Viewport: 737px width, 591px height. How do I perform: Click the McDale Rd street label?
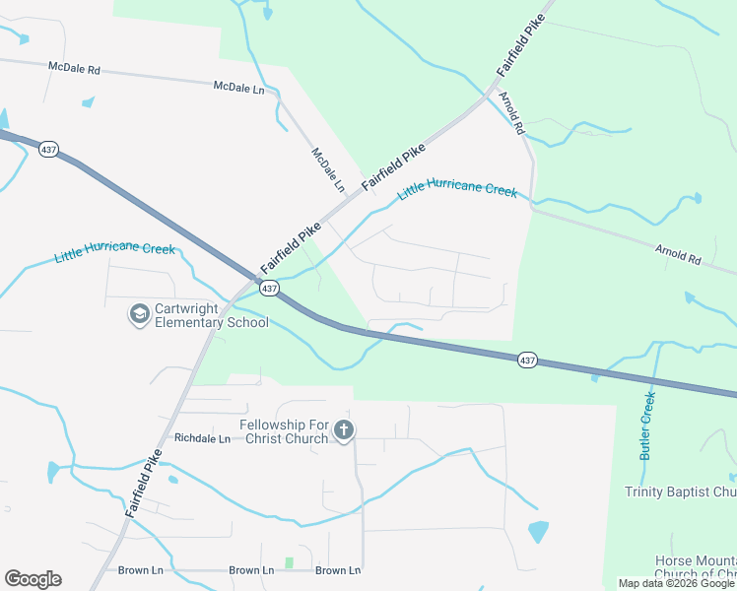(x=74, y=69)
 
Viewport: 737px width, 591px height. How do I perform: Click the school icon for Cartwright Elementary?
(x=139, y=314)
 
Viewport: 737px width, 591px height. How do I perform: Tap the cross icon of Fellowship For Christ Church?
(x=343, y=430)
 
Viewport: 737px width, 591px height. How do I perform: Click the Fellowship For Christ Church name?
(x=283, y=430)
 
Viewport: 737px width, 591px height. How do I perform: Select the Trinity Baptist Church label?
(x=681, y=492)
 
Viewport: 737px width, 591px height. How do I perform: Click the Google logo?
(x=33, y=579)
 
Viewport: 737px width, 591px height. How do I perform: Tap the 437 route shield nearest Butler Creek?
(x=527, y=361)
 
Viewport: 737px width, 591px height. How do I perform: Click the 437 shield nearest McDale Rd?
(x=48, y=149)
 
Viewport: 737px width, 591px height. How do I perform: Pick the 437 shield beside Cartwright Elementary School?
(x=269, y=288)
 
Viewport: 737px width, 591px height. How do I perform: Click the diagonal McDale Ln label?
(x=328, y=169)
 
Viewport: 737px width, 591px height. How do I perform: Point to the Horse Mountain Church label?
(x=696, y=567)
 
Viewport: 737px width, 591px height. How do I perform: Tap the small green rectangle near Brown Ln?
(x=289, y=562)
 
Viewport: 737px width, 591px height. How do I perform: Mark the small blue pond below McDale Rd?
(x=89, y=101)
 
